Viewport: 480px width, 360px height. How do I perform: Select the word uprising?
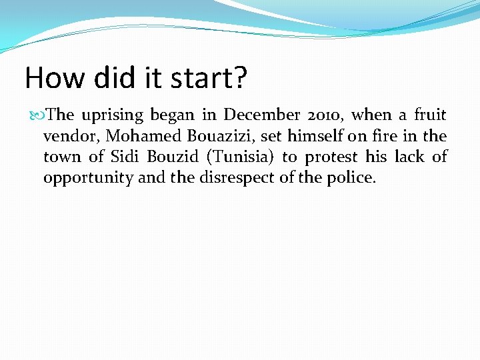(112, 115)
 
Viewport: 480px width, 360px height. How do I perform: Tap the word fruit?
(430, 115)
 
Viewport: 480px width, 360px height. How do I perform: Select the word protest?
(332, 158)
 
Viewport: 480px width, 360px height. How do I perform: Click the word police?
(353, 179)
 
